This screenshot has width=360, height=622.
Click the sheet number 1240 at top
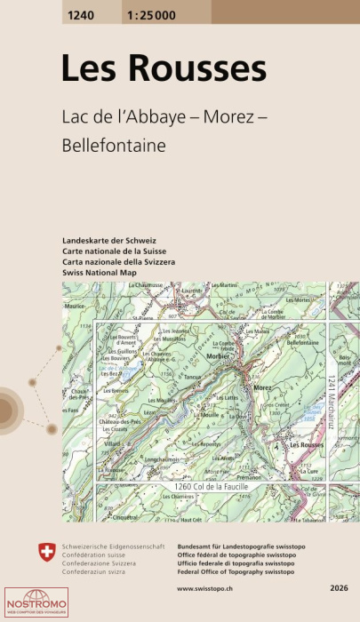[80, 12]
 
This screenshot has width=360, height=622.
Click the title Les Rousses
[163, 68]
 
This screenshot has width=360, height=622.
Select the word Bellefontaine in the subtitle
[114, 145]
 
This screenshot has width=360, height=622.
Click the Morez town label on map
[261, 388]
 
